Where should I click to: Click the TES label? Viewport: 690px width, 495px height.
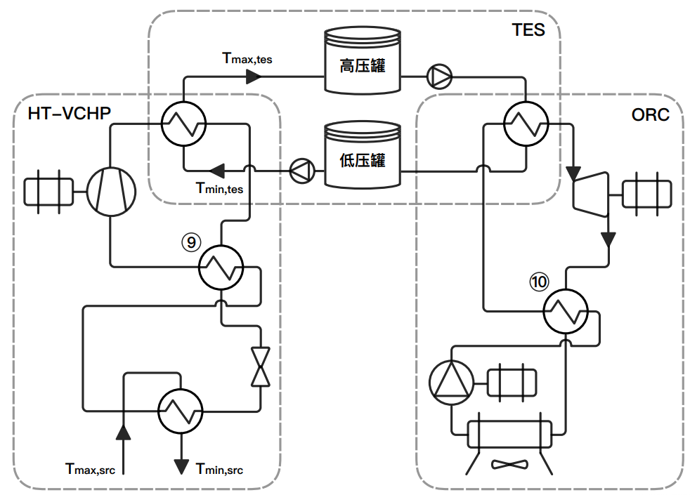(x=528, y=29)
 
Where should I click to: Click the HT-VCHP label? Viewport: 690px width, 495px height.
(x=69, y=113)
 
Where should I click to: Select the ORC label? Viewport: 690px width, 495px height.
(x=650, y=114)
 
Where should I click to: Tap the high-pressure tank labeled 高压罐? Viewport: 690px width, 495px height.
(x=362, y=66)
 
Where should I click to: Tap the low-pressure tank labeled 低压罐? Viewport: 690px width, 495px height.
(x=362, y=159)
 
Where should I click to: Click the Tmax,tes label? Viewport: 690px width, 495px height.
(x=247, y=59)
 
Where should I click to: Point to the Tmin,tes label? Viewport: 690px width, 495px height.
(x=219, y=188)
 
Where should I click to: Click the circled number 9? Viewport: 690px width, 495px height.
(x=190, y=243)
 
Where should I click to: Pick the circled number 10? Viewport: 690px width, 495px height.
(x=538, y=282)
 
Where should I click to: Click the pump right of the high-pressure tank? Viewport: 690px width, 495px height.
(x=441, y=77)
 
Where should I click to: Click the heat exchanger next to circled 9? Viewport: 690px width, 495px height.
(x=221, y=268)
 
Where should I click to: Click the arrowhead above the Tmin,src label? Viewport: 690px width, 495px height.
(x=181, y=464)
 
